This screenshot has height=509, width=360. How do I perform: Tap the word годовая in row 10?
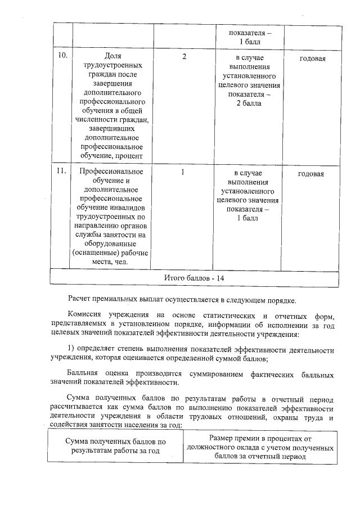pyautogui.click(x=311, y=58)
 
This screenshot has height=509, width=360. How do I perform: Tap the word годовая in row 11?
pyautogui.click(x=311, y=174)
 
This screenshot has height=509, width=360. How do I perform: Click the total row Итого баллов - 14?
pyautogui.click(x=194, y=278)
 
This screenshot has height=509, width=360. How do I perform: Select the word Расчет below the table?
pyautogui.click(x=81, y=298)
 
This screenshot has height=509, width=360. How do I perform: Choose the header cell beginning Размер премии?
pyautogui.click(x=260, y=447)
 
